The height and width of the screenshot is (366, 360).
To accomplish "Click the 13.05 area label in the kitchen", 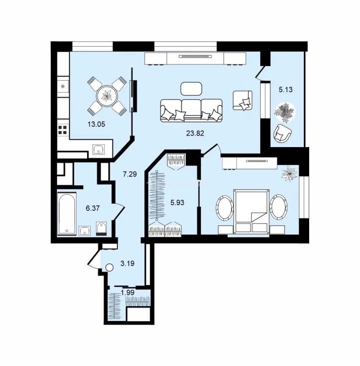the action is click(x=96, y=124).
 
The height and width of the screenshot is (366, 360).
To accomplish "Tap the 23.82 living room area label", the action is click(x=195, y=133).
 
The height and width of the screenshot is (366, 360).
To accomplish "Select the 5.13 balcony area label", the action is click(x=285, y=89).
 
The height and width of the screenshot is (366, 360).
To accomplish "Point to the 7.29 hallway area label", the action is click(x=130, y=174).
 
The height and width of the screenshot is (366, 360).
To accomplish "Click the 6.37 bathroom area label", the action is click(x=93, y=208).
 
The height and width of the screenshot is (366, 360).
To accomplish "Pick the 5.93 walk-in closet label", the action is click(x=177, y=203).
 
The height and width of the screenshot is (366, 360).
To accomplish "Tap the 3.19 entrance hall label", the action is click(x=127, y=264).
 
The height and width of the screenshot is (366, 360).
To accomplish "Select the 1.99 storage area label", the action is click(x=128, y=292).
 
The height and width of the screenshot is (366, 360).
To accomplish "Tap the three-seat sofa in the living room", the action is click(x=191, y=110).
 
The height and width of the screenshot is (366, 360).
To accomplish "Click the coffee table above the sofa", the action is click(x=191, y=89).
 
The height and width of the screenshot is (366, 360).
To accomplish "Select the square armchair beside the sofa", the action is click(x=243, y=100).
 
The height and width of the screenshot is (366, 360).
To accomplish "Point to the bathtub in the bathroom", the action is click(x=67, y=213).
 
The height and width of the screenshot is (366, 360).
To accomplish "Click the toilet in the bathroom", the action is click(x=101, y=228).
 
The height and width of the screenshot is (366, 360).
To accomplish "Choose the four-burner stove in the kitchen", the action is click(x=63, y=130).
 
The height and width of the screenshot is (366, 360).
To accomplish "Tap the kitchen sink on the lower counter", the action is click(x=99, y=149).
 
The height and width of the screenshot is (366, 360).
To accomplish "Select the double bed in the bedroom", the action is click(x=252, y=211).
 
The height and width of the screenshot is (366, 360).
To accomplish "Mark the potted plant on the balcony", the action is click(x=285, y=111).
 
